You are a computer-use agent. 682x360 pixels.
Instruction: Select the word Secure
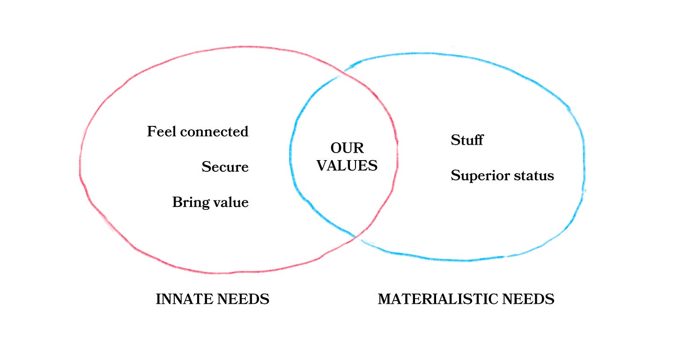pos(225,167)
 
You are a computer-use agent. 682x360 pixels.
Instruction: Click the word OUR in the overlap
pos(347,148)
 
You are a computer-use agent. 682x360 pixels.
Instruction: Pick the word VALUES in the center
pos(347,165)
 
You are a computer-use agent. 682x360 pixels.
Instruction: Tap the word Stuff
pos(467,140)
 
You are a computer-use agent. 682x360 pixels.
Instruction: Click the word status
pos(534,176)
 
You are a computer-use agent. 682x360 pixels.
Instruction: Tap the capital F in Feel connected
pos(151,132)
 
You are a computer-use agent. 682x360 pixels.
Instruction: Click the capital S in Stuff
pos(455,140)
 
